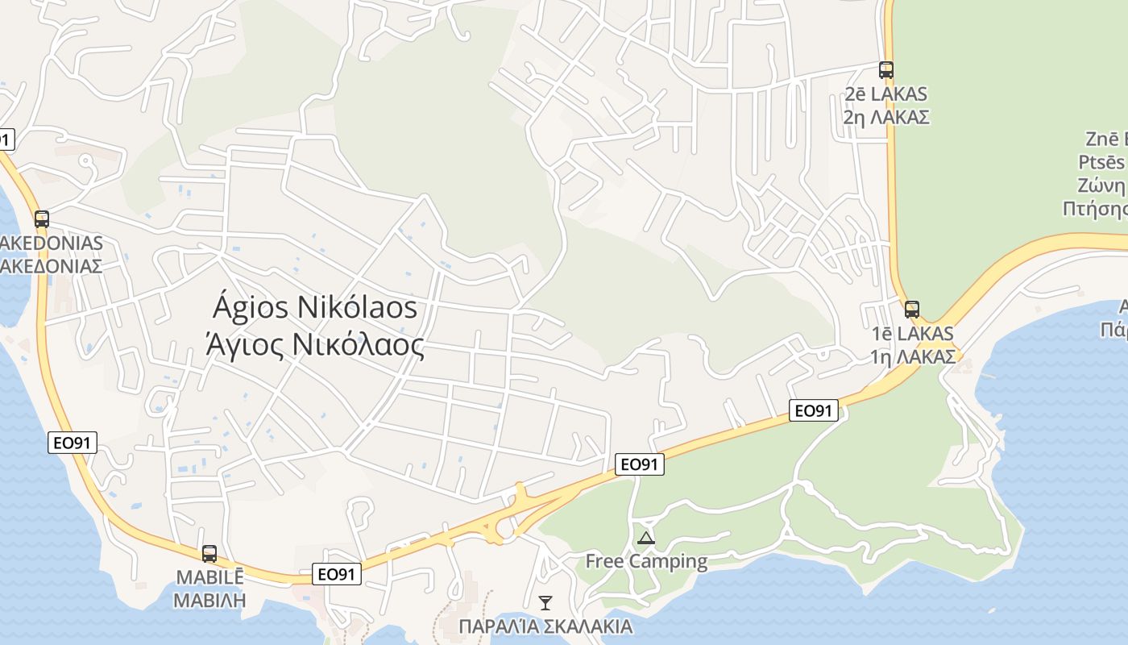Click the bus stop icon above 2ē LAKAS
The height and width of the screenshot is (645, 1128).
pos(886,70)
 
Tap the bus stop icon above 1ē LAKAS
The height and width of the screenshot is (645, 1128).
pos(911,309)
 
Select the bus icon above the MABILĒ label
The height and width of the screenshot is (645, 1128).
pos(209,554)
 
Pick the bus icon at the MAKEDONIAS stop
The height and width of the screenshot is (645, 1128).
pos(42,218)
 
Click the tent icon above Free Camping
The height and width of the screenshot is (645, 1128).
pos(645,538)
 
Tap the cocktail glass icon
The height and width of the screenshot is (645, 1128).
pos(545,602)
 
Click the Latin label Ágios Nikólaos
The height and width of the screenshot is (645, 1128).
pos(316,307)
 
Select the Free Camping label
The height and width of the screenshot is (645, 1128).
pos(646,561)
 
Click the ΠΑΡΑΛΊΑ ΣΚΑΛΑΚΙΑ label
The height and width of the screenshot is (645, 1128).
pos(545,626)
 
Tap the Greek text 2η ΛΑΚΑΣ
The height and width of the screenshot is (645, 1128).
pos(886,117)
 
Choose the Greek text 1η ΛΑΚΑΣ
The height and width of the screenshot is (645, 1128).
pos(912,356)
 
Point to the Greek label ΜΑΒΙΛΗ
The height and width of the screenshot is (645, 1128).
pos(209,601)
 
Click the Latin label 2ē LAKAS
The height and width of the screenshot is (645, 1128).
pos(886,94)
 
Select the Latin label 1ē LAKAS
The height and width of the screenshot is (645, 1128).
pos(912,333)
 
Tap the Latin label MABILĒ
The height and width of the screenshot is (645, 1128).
pos(209,578)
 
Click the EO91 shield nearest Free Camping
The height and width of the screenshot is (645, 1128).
pos(640,464)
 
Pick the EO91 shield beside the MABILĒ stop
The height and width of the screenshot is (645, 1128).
pos(337,574)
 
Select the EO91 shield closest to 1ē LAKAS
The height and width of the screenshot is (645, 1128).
pos(813,410)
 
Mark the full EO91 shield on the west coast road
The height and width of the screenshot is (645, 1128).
pos(73,442)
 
